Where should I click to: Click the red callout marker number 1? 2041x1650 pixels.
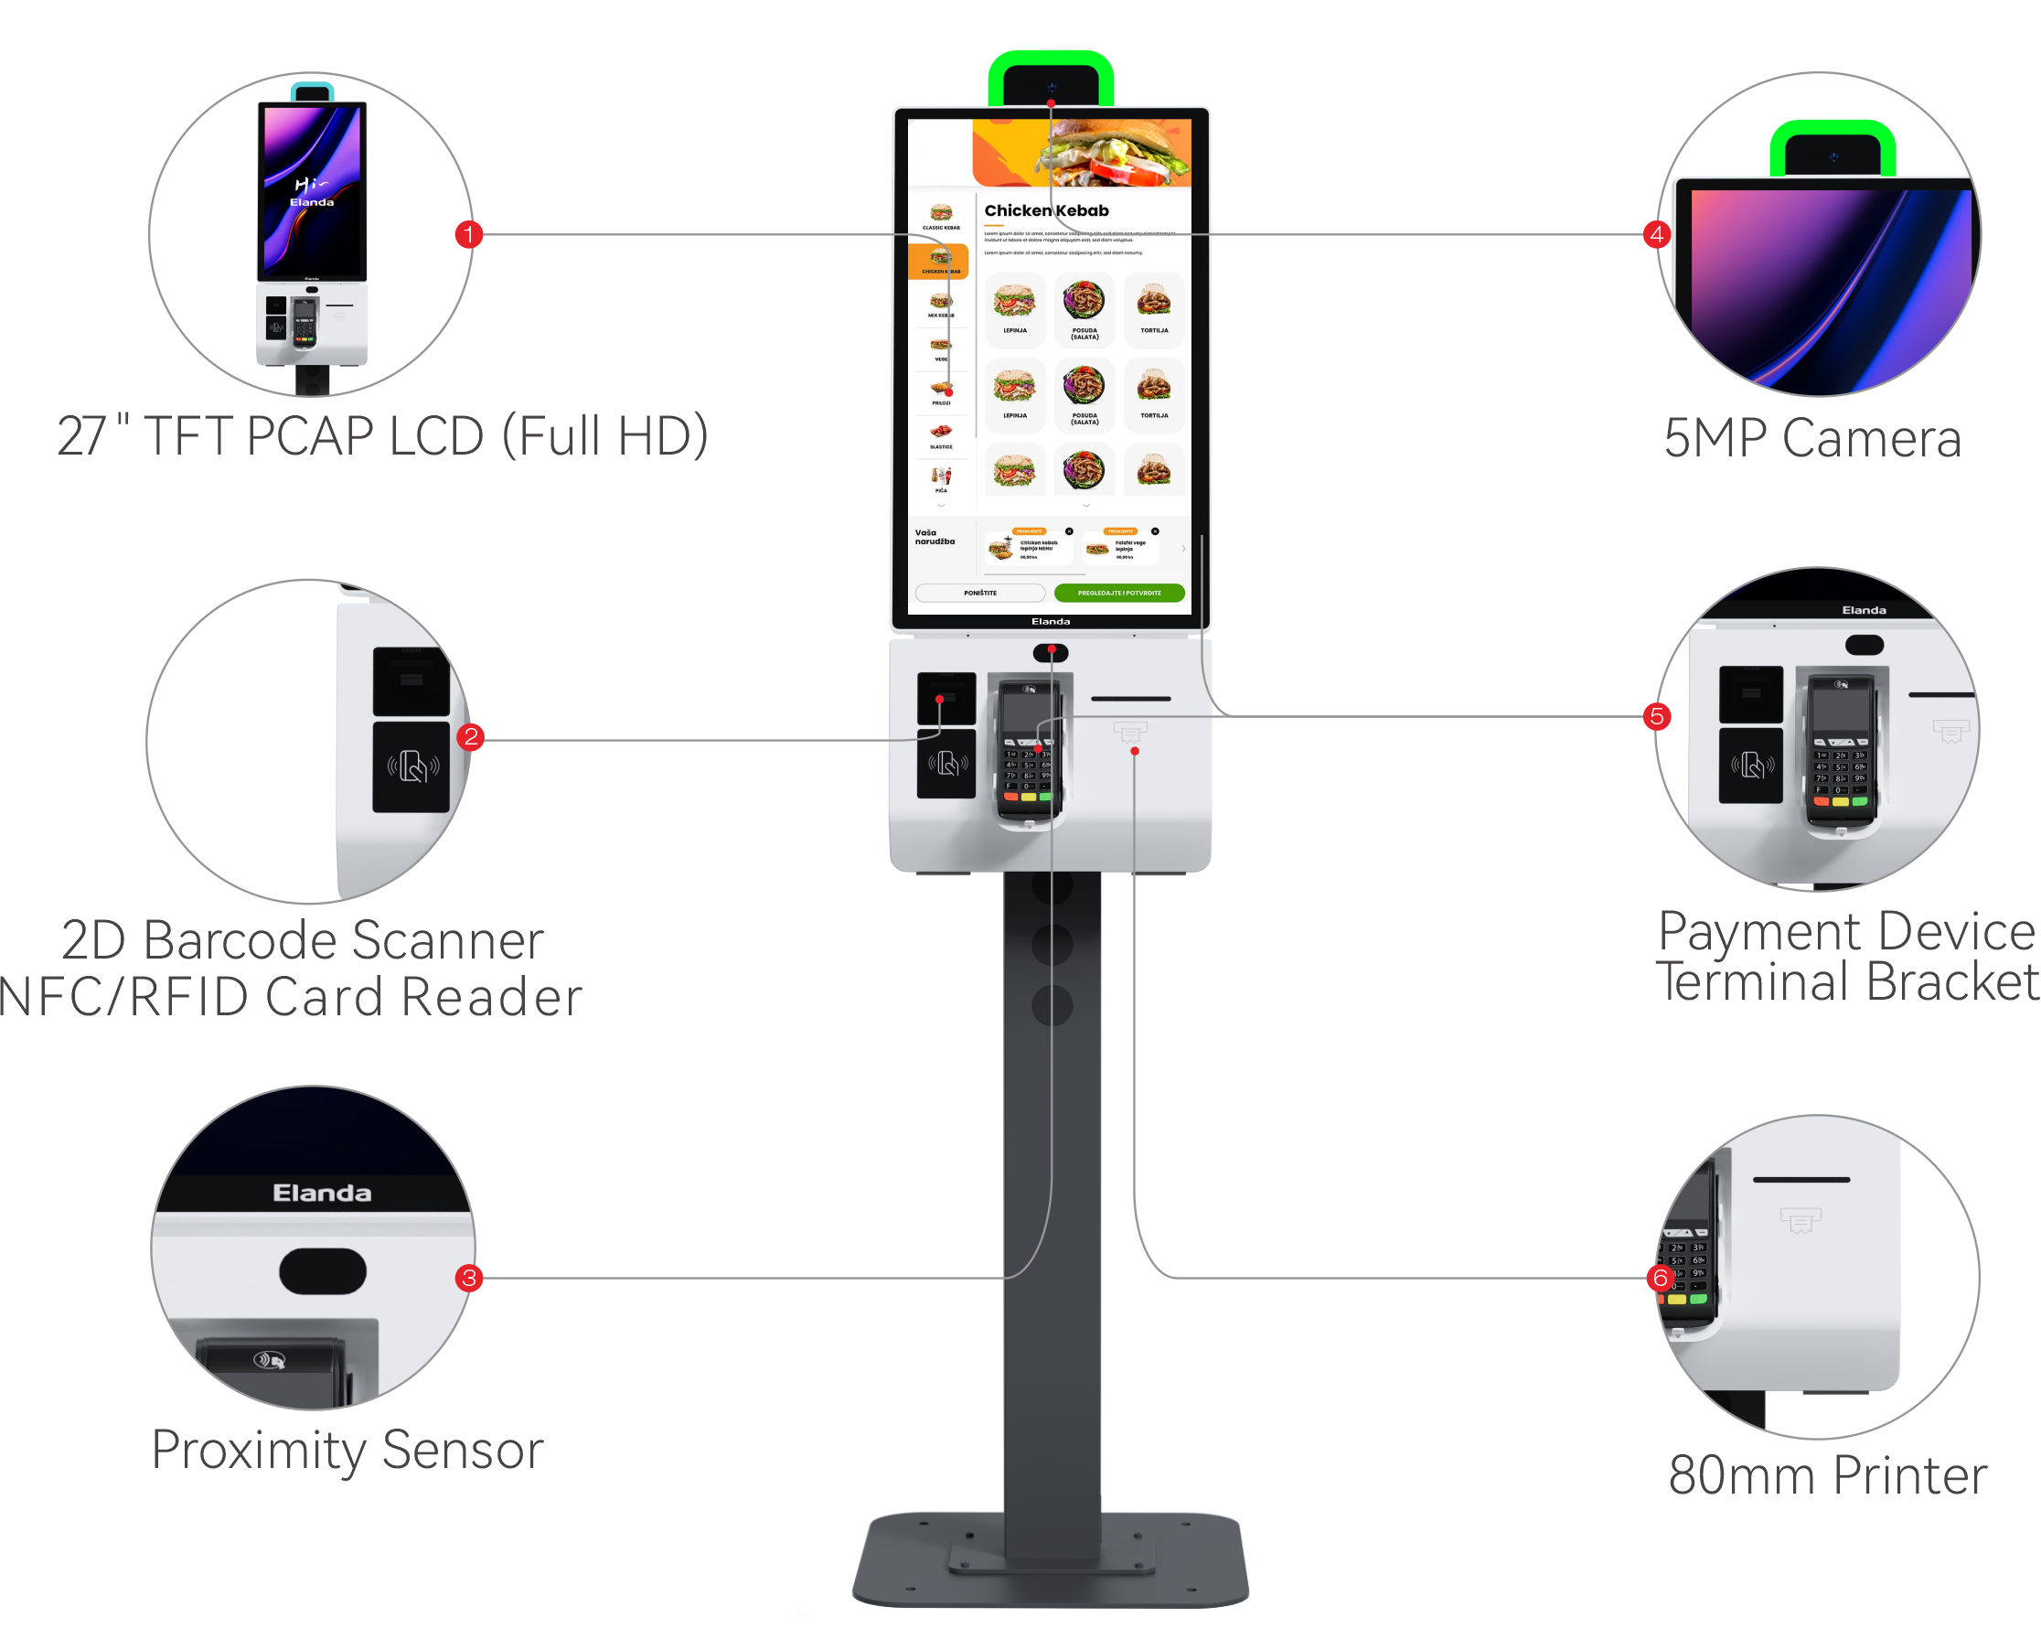click(468, 234)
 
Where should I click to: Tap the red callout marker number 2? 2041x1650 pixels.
click(471, 736)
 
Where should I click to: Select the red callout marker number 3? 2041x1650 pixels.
click(469, 1279)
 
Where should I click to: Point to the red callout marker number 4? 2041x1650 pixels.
click(1657, 234)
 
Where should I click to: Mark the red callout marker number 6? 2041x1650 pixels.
click(1660, 1279)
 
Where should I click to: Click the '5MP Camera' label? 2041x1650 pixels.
click(1812, 438)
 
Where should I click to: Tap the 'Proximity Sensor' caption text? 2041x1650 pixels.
click(347, 1451)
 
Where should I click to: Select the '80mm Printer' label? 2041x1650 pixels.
click(1827, 1475)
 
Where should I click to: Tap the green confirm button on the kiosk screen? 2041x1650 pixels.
click(1119, 593)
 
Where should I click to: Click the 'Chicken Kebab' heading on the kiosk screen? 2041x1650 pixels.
click(1046, 211)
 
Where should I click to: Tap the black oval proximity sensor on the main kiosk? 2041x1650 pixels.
click(1051, 653)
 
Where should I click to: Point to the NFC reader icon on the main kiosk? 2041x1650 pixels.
click(946, 763)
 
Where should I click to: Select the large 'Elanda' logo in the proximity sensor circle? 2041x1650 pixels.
click(322, 1193)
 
